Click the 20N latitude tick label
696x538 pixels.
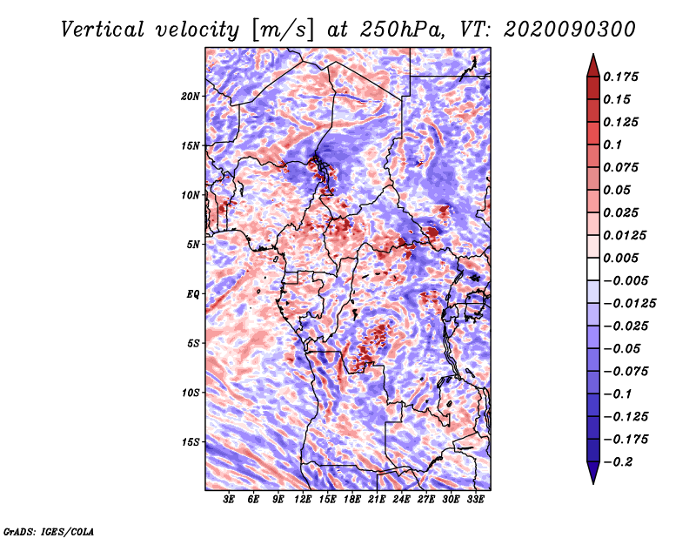click(x=191, y=97)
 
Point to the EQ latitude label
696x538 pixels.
click(x=192, y=294)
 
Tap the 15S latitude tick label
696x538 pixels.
click(x=191, y=442)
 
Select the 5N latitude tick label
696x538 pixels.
click(x=193, y=245)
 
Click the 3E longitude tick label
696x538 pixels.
click(x=229, y=499)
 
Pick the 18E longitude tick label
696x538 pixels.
click(x=352, y=499)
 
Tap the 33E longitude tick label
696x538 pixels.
click(x=475, y=499)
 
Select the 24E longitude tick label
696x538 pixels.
click(x=401, y=499)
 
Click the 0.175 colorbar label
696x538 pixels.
click(x=620, y=77)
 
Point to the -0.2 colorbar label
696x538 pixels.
click(x=618, y=462)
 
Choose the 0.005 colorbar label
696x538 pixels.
click(x=620, y=258)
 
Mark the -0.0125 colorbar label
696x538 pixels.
click(x=629, y=304)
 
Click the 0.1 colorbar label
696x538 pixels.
click(x=612, y=145)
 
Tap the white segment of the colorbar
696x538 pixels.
click(x=593, y=269)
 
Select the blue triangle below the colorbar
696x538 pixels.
click(x=593, y=473)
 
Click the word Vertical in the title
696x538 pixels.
click(x=103, y=30)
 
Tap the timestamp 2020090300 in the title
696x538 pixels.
click(x=570, y=30)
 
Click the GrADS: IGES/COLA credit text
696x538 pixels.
click(x=49, y=531)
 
